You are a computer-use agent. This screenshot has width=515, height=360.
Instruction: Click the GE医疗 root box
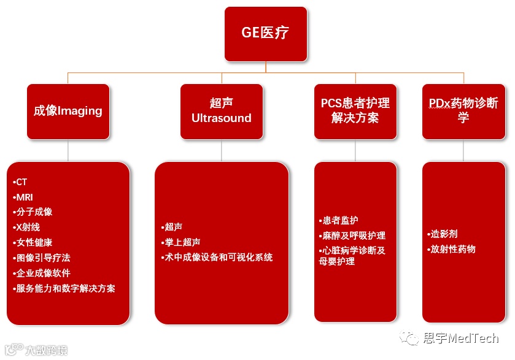pyautogui.click(x=265, y=34)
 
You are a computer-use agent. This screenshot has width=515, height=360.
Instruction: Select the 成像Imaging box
pyautogui.click(x=68, y=111)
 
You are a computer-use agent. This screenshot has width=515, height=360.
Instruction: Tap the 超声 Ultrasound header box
pyautogui.click(x=222, y=111)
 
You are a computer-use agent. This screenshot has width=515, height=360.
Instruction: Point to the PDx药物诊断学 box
pyautogui.click(x=463, y=111)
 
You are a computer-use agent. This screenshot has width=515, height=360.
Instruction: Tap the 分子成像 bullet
pyautogui.click(x=33, y=212)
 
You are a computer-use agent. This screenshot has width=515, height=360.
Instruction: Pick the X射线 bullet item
pyautogui.click(x=28, y=227)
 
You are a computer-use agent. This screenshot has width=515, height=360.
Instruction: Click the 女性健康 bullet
pyautogui.click(x=33, y=242)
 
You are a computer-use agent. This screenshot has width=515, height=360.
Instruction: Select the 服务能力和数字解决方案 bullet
pyautogui.click(x=64, y=288)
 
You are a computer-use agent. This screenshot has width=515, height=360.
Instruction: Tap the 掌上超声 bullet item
pyautogui.click(x=179, y=242)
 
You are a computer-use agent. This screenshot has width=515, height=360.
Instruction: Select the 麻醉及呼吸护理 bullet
pyautogui.click(x=352, y=236)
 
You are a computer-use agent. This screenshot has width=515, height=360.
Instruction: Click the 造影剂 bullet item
pyautogui.click(x=443, y=234)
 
